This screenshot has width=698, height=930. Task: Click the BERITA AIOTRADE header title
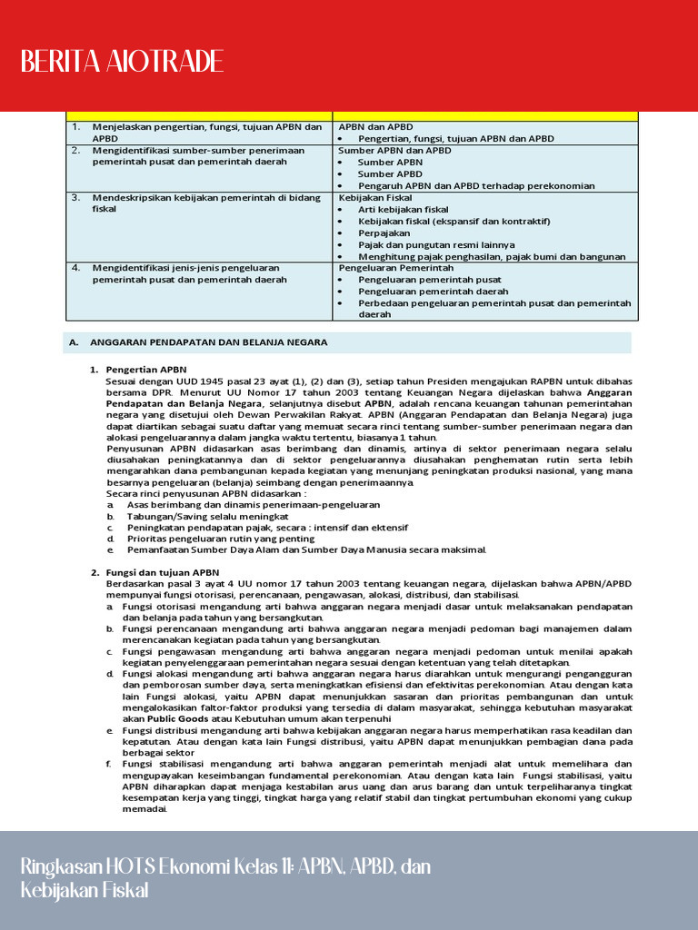[x=122, y=62]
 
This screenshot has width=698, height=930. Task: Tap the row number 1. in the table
[x=76, y=126]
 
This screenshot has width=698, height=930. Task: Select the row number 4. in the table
[x=76, y=268]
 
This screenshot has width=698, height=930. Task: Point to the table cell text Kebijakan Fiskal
[x=375, y=197]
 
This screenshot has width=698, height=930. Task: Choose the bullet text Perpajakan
[x=384, y=232]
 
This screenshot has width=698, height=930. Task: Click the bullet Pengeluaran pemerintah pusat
[x=430, y=280]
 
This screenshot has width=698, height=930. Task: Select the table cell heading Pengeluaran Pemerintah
[x=396, y=268]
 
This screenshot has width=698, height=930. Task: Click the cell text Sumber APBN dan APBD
[x=394, y=150]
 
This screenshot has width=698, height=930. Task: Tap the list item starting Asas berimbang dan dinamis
[x=254, y=504]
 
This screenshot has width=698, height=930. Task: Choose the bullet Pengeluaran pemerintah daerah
[x=433, y=292]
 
